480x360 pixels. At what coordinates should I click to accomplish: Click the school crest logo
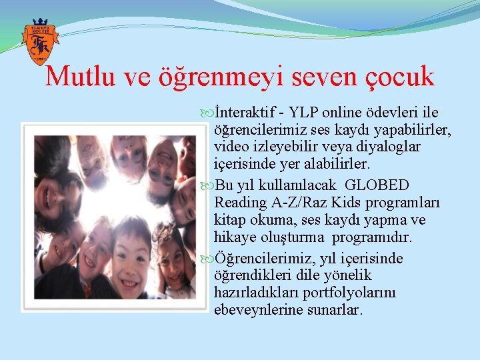[x=39, y=42]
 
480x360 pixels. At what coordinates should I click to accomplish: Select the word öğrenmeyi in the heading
[x=235, y=77]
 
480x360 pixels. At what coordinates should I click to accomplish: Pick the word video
[x=230, y=146]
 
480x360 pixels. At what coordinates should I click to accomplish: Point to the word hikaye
[x=234, y=237]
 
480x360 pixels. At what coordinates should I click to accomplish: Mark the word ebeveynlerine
[x=259, y=310]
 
